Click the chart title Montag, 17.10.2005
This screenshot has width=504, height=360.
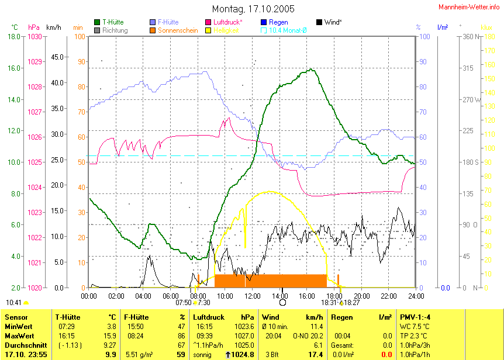coord(253,9)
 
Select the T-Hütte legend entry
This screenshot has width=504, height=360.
coord(112,22)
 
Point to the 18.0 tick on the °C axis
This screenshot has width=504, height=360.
coord(13,36)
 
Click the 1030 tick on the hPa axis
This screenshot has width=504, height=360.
coord(34,36)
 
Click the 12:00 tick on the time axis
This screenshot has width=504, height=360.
coord(253,296)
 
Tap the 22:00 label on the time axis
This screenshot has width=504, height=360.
coord(389,296)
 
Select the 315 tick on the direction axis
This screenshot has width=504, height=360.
coord(468,68)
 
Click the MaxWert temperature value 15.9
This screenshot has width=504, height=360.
coord(110,336)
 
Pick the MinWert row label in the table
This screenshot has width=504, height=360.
coord(18,326)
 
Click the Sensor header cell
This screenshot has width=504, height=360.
coord(16,317)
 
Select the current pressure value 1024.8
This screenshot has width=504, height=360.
coord(243,355)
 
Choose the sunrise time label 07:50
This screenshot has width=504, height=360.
coord(184,302)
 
